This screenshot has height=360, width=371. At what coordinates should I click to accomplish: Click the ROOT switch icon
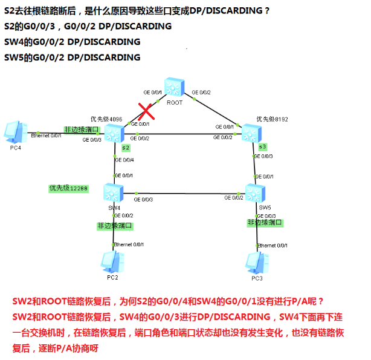point(174,88)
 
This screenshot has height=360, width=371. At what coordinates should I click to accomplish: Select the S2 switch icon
point(114,133)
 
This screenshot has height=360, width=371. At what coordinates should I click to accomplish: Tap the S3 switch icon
point(250,133)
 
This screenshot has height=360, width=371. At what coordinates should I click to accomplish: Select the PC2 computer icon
point(110,261)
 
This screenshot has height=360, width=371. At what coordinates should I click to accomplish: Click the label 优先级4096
point(106,119)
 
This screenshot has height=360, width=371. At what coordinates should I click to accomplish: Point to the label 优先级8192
point(268,119)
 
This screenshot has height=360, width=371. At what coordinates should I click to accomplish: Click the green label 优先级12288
point(68,188)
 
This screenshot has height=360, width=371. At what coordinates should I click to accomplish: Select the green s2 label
point(126,148)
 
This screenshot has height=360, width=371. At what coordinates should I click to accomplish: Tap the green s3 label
point(262,147)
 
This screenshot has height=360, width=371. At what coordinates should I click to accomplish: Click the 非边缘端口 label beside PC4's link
point(81,129)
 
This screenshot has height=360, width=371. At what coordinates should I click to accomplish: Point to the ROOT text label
point(175,103)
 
